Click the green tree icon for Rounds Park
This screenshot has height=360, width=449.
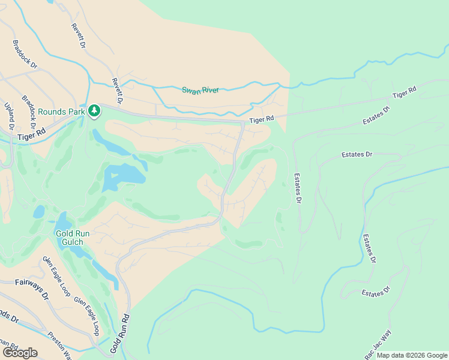pos(94,110)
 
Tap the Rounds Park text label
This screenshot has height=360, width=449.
pos(62,112)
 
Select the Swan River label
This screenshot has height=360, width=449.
pos(200,90)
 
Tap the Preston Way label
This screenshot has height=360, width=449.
pos(60,345)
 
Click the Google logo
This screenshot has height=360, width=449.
pos(19,353)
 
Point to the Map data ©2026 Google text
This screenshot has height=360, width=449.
pos(412,355)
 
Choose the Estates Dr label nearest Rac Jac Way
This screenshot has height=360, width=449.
pos(376,292)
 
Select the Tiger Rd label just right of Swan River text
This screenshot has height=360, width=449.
pos(261,120)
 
